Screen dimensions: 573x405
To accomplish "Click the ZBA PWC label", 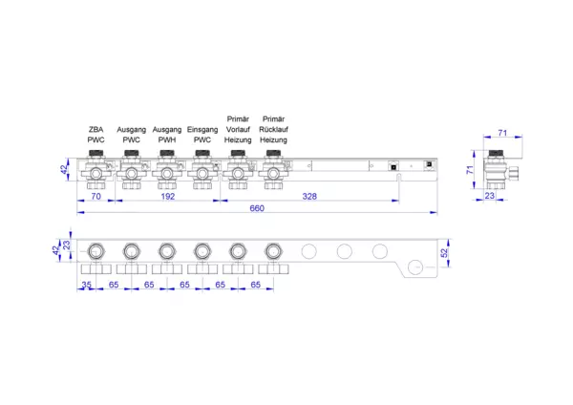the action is [x=95, y=135].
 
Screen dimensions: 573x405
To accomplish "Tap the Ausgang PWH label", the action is [x=167, y=135].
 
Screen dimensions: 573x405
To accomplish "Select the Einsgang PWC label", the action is [x=202, y=135].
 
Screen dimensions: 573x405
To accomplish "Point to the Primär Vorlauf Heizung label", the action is [x=238, y=129].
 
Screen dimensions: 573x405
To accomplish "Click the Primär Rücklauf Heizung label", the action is [x=274, y=129].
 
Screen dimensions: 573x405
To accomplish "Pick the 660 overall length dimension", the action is [x=257, y=208].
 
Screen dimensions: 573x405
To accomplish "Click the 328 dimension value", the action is [x=309, y=196].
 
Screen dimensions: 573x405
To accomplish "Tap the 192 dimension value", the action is [x=168, y=196].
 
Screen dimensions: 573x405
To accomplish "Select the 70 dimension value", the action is [x=96, y=196].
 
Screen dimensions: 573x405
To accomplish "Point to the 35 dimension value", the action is [x=87, y=285].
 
